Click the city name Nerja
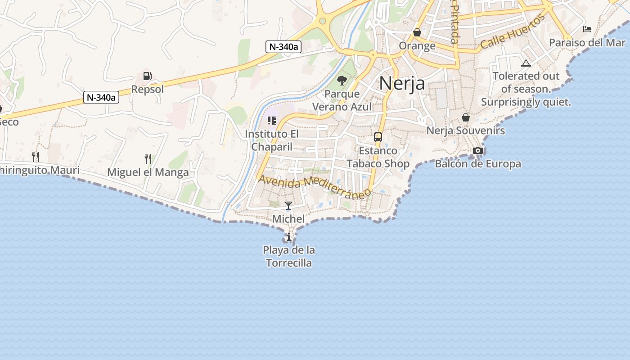[x=402, y=83]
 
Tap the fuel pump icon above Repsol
[x=147, y=76]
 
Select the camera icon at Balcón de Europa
[x=477, y=150]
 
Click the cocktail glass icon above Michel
[x=288, y=206]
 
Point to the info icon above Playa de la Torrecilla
[x=288, y=237]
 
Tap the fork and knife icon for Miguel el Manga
[x=148, y=158]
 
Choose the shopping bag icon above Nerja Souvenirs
[x=466, y=117]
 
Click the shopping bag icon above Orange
[x=417, y=32]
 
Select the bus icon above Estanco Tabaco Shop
[x=378, y=137]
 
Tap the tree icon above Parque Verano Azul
[x=342, y=81]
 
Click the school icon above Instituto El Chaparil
[x=272, y=121]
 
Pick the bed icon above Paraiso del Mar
[x=587, y=29]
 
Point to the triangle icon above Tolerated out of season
[x=526, y=63]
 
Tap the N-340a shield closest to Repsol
[x=101, y=97]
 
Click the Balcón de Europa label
[x=478, y=164]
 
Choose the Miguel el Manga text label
[x=148, y=172]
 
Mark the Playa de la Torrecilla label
[x=288, y=256]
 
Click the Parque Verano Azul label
[x=342, y=100]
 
